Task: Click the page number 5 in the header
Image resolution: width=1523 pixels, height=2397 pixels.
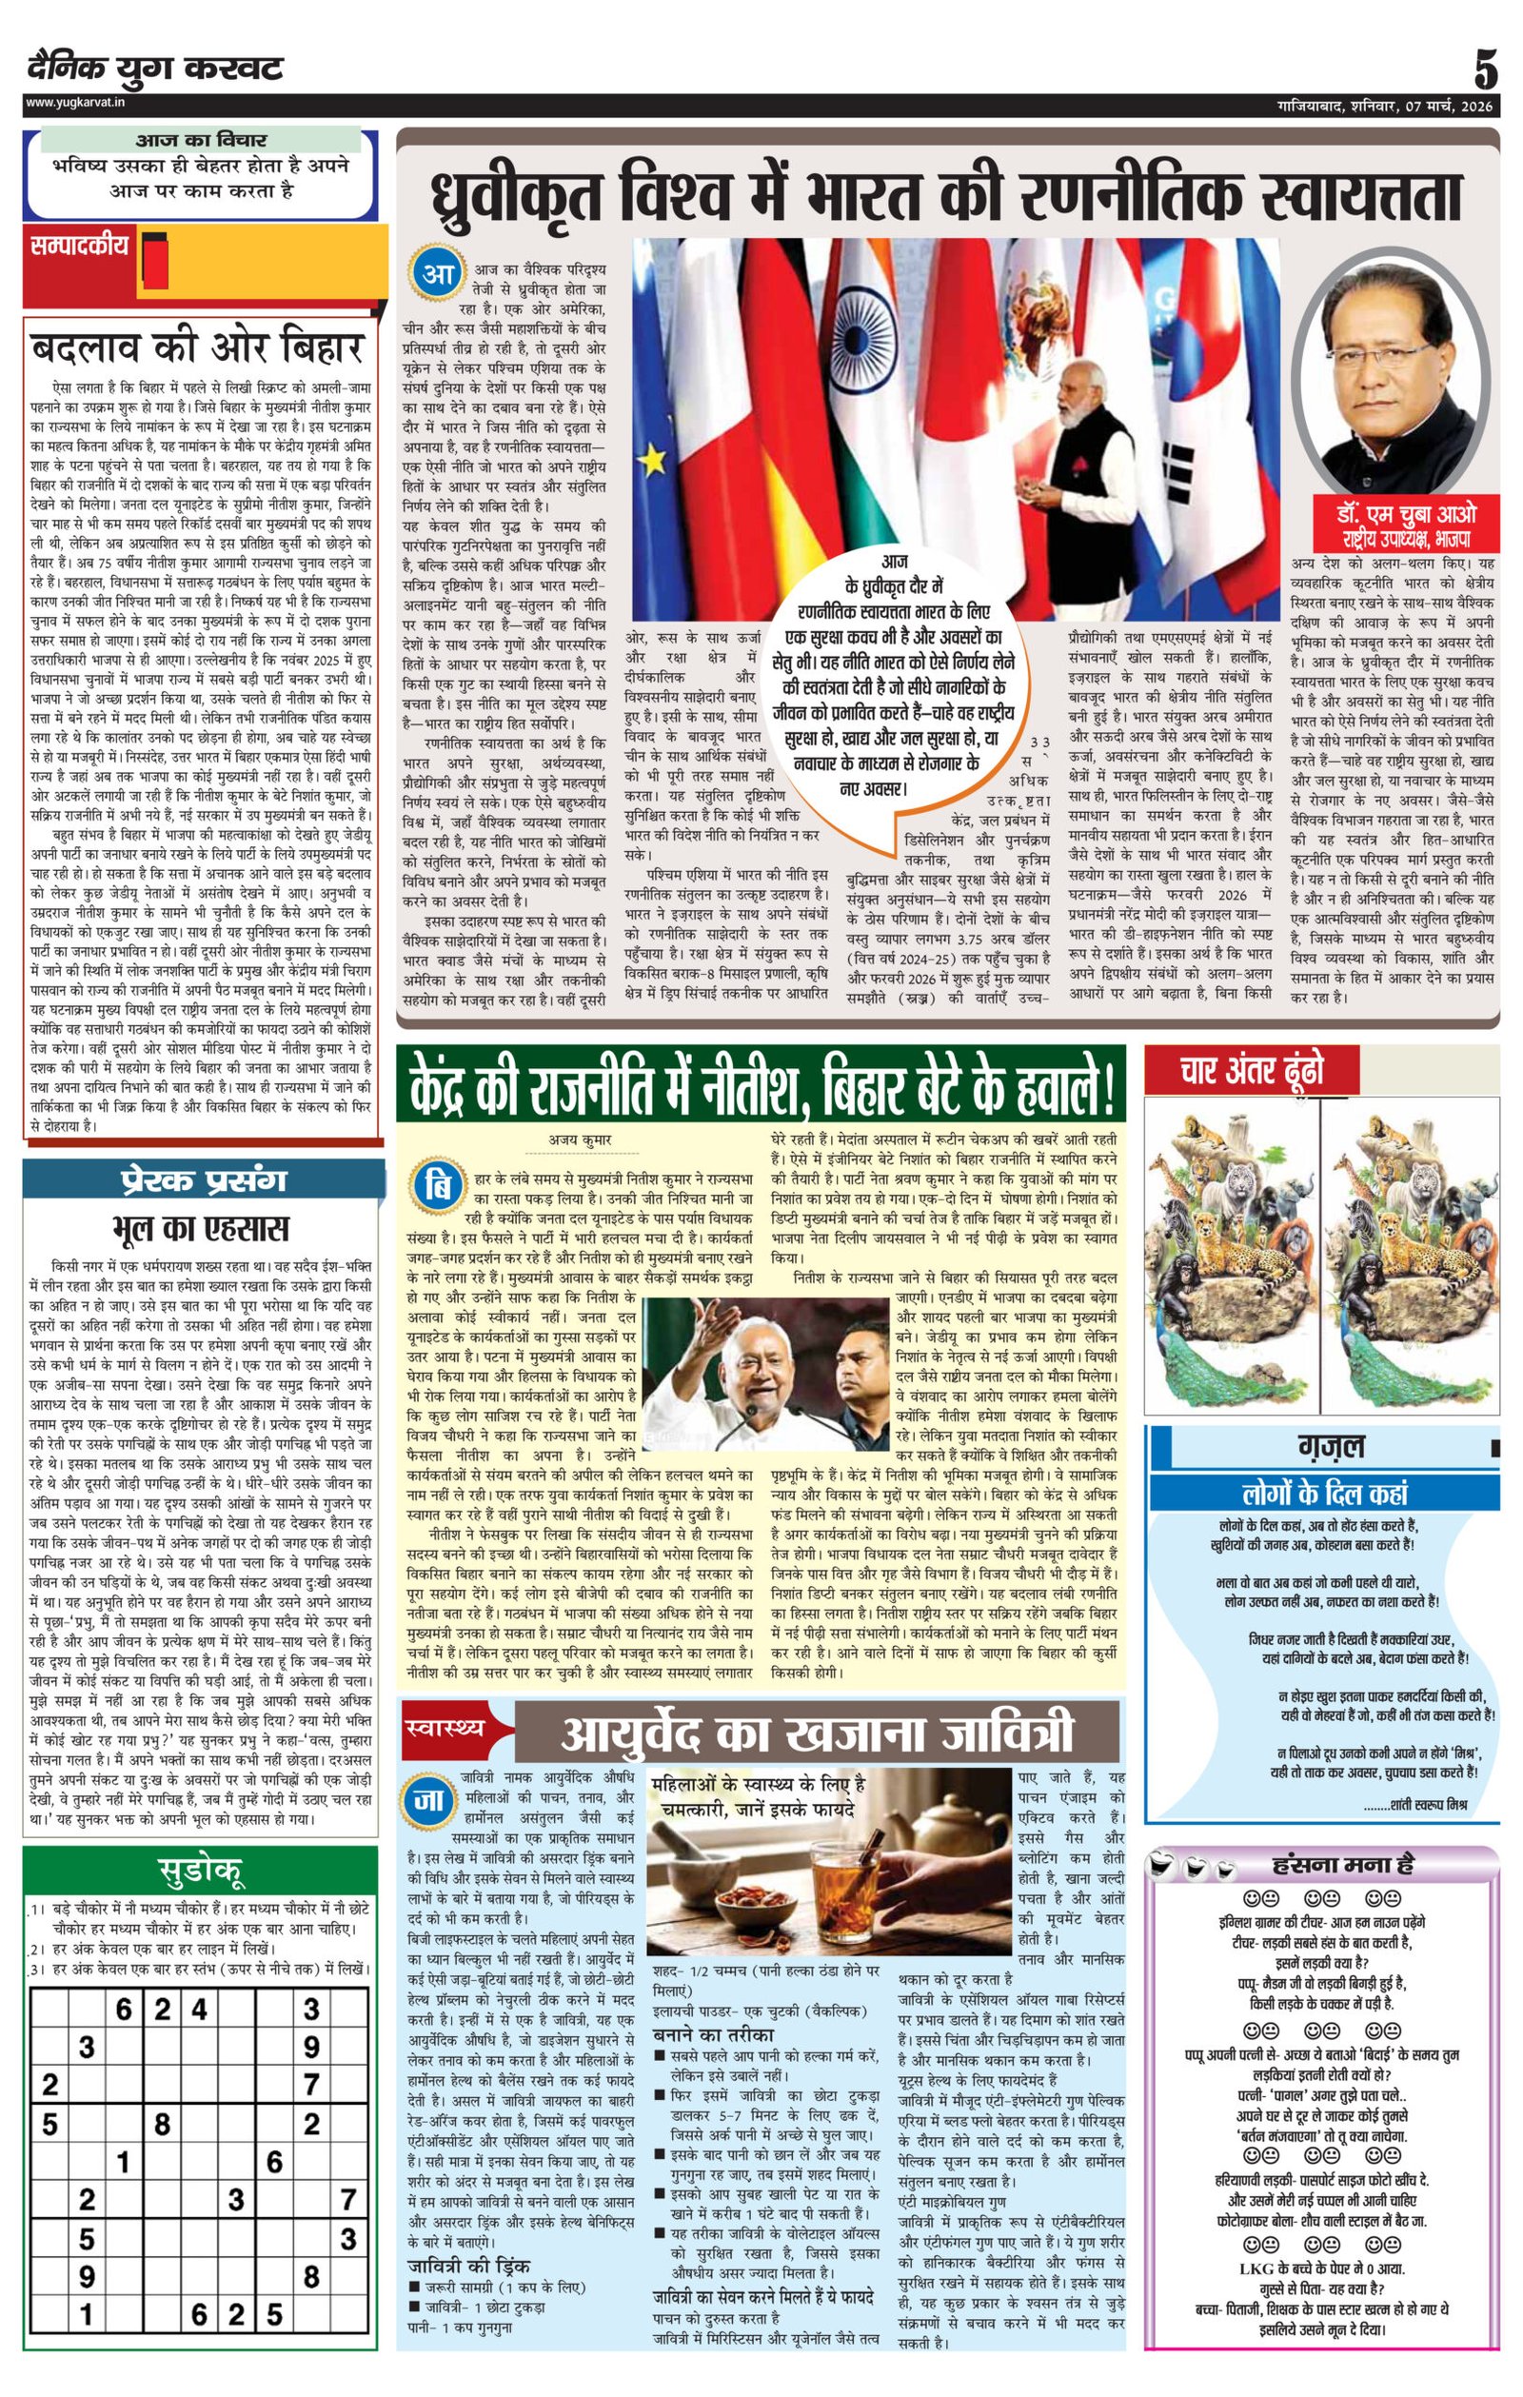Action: pyautogui.click(x=1484, y=70)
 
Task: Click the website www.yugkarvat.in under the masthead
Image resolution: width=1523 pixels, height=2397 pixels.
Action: pyautogui.click(x=73, y=103)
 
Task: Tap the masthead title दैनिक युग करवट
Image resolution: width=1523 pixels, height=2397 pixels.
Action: pyautogui.click(x=155, y=69)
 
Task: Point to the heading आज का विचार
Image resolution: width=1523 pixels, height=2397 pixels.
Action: pyautogui.click(x=200, y=140)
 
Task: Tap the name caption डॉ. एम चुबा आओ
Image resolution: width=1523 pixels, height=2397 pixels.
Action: pyautogui.click(x=1406, y=516)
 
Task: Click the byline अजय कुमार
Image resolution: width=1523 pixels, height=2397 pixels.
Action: pyautogui.click(x=580, y=1139)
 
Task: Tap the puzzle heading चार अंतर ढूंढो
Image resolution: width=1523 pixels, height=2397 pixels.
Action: pyautogui.click(x=1252, y=1071)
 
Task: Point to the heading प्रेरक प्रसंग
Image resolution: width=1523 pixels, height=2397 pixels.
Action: pyautogui.click(x=203, y=1180)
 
